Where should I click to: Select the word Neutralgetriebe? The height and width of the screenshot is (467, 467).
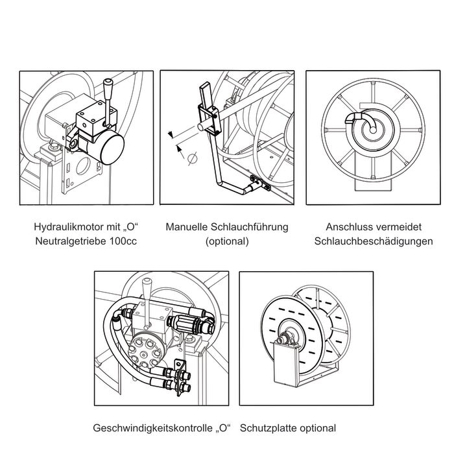(71, 241)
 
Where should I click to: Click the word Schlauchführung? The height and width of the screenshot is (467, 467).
(250, 227)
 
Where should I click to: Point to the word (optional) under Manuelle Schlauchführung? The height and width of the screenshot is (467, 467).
(227, 241)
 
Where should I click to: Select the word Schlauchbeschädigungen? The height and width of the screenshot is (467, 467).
(374, 241)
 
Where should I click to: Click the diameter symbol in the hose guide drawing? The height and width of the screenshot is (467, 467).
(193, 158)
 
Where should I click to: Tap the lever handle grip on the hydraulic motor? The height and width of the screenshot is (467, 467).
(108, 86)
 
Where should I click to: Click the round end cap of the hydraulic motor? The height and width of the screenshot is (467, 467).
(112, 147)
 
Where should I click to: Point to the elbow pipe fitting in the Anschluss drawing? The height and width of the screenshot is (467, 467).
(353, 118)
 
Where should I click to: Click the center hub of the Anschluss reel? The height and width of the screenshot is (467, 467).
(373, 130)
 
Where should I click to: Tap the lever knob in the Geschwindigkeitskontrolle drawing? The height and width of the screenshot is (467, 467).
(146, 287)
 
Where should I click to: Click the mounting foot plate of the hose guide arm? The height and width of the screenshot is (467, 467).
(261, 183)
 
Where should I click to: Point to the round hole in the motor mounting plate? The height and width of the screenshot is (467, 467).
(84, 166)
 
